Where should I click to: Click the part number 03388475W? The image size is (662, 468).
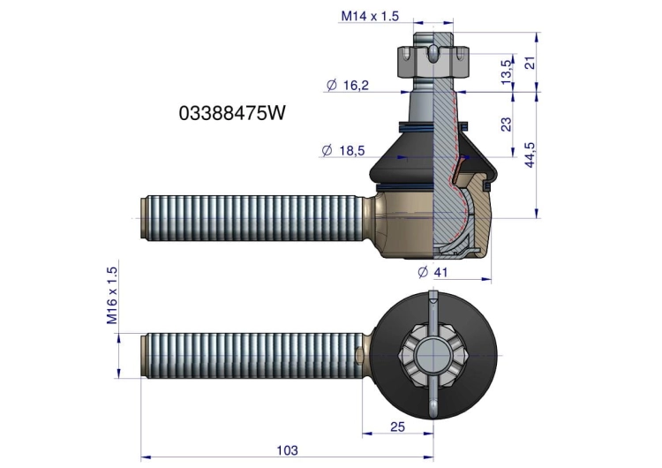(x=232, y=113)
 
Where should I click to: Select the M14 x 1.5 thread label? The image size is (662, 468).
(x=370, y=16)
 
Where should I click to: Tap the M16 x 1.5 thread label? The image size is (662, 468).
(x=112, y=295)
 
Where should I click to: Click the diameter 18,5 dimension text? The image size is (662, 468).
(x=342, y=150)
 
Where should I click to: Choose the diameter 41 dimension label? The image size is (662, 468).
(x=433, y=272)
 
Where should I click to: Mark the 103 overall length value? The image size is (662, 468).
(x=287, y=450)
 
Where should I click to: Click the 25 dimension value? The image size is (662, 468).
(x=397, y=427)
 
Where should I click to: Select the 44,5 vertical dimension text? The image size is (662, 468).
(x=530, y=155)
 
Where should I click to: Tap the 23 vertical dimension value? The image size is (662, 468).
(x=506, y=125)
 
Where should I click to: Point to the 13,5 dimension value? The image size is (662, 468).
(x=507, y=72)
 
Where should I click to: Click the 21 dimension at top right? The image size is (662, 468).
(x=530, y=63)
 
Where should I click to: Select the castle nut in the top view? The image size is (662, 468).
(x=433, y=355)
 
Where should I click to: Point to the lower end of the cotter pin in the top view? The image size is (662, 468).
(x=433, y=417)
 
